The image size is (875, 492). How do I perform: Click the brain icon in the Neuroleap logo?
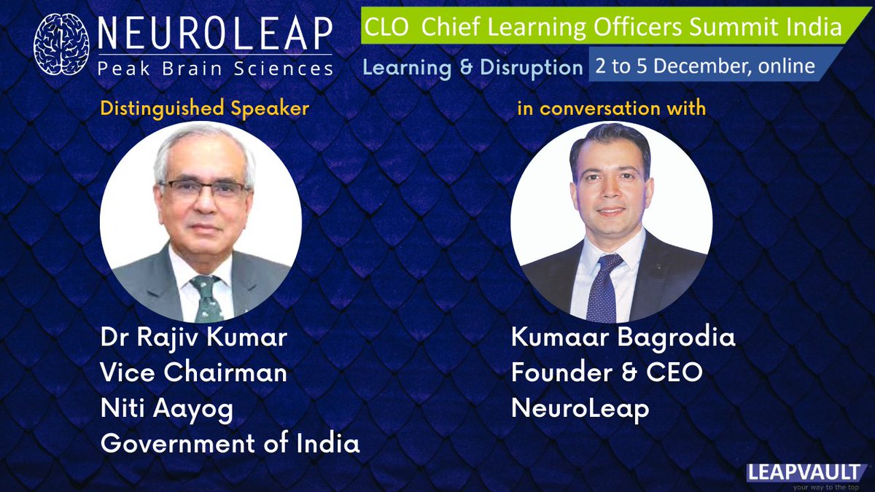(x=65, y=46)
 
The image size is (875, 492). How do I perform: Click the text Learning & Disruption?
(x=473, y=67)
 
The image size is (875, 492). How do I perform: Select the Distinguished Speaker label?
(x=204, y=109)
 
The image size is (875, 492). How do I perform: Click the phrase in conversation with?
(x=611, y=109)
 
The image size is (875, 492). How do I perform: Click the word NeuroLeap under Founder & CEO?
(x=580, y=409)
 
